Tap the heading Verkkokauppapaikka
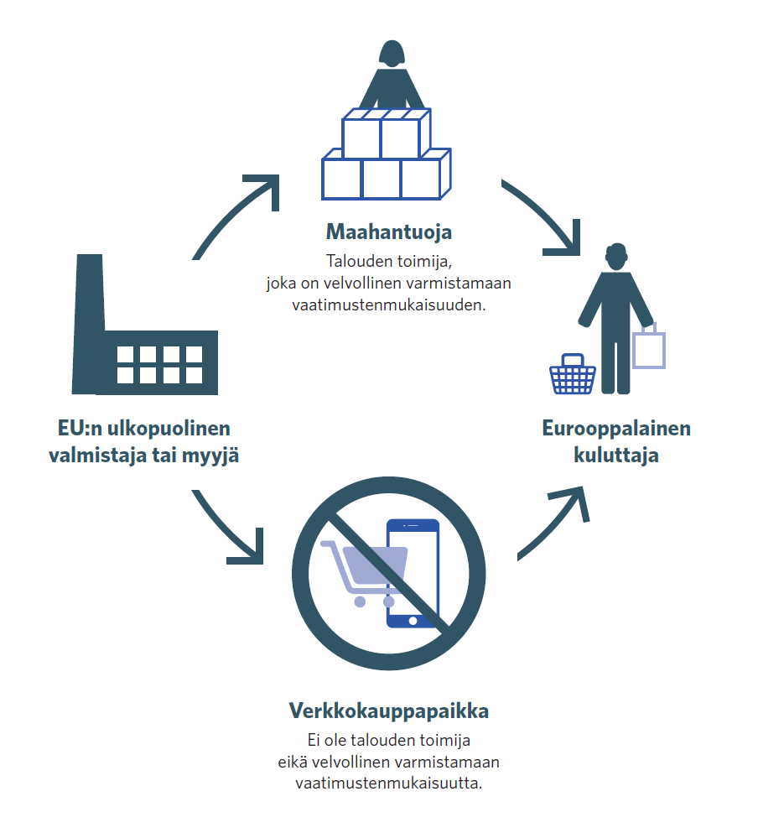(389, 711)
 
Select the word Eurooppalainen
(616, 429)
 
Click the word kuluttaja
(616, 456)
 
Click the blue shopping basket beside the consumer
(573, 375)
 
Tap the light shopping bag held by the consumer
(649, 348)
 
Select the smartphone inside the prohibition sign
(412, 573)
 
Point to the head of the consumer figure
(616, 256)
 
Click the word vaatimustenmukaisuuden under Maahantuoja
(389, 305)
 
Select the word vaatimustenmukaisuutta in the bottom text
(389, 784)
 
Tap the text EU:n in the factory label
(78, 429)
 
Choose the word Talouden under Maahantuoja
(355, 261)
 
